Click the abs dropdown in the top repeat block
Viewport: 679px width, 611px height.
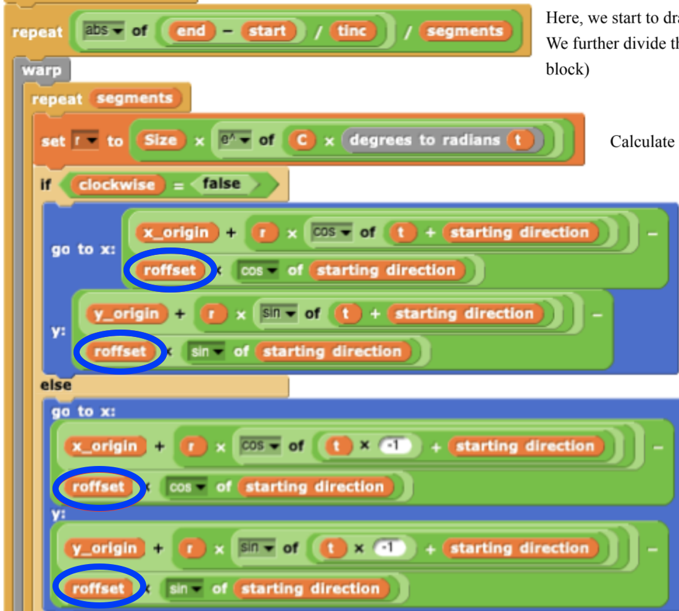click(104, 30)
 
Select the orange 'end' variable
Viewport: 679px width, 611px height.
click(191, 31)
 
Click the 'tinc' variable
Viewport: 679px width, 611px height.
click(352, 31)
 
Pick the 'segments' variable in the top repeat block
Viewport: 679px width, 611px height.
click(465, 31)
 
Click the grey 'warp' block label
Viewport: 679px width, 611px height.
click(41, 70)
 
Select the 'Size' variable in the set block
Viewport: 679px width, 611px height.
click(160, 140)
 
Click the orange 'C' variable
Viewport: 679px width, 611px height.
click(301, 141)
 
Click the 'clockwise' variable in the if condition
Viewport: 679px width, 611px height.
click(117, 184)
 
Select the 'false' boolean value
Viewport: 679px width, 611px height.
click(221, 184)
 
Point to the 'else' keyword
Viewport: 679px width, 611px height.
click(56, 385)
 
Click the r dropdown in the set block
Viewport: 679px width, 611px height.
click(85, 141)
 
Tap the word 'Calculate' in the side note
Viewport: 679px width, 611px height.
click(641, 141)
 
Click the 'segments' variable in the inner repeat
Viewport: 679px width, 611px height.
click(135, 98)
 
